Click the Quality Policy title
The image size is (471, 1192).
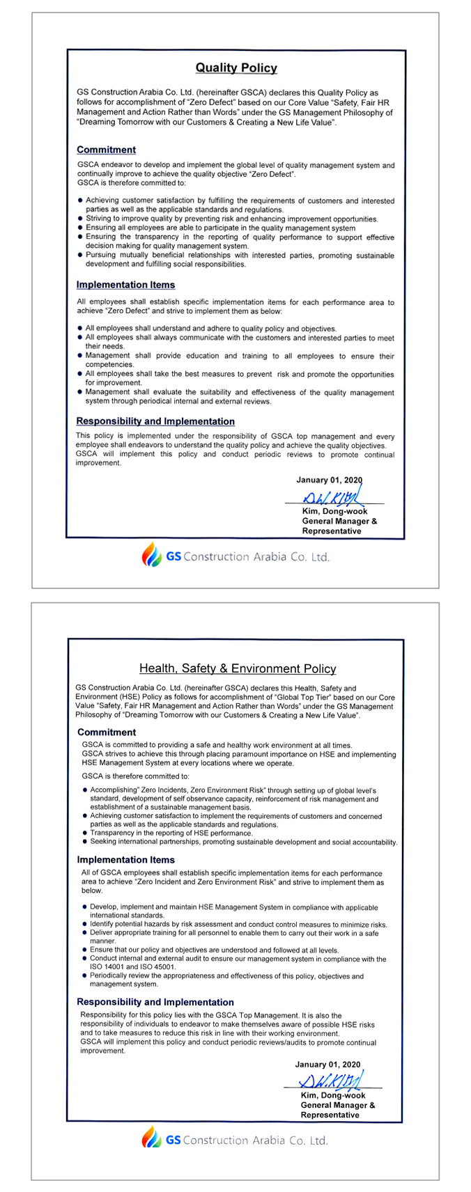pyautogui.click(x=235, y=68)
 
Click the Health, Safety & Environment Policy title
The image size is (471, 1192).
pyautogui.click(x=238, y=668)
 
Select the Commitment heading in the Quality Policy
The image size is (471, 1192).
pyautogui.click(x=106, y=150)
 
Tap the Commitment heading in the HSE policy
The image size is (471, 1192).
pyautogui.click(x=107, y=732)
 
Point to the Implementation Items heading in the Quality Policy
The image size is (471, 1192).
pyautogui.click(x=125, y=285)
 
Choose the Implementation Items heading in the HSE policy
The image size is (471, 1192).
pyautogui.click(x=126, y=860)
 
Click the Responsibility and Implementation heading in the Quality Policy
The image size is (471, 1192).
pyautogui.click(x=155, y=421)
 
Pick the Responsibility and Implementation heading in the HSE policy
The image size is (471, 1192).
pyautogui.click(x=155, y=1002)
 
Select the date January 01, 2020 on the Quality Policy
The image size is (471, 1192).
pyautogui.click(x=329, y=480)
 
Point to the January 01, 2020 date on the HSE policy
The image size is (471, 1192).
pyautogui.click(x=327, y=1065)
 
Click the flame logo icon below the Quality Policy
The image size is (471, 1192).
pyautogui.click(x=151, y=555)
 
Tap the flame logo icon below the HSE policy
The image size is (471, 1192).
pyautogui.click(x=151, y=1139)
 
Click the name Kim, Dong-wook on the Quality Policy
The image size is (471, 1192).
pyautogui.click(x=334, y=512)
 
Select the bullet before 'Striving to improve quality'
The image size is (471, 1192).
pyautogui.click(x=80, y=219)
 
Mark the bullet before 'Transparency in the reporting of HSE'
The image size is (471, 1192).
pyautogui.click(x=84, y=833)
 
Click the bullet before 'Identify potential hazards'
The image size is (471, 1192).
pyautogui.click(x=84, y=925)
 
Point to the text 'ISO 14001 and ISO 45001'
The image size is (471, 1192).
pyautogui.click(x=132, y=967)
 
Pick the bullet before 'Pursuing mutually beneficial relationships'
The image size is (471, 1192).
pyautogui.click(x=80, y=256)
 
